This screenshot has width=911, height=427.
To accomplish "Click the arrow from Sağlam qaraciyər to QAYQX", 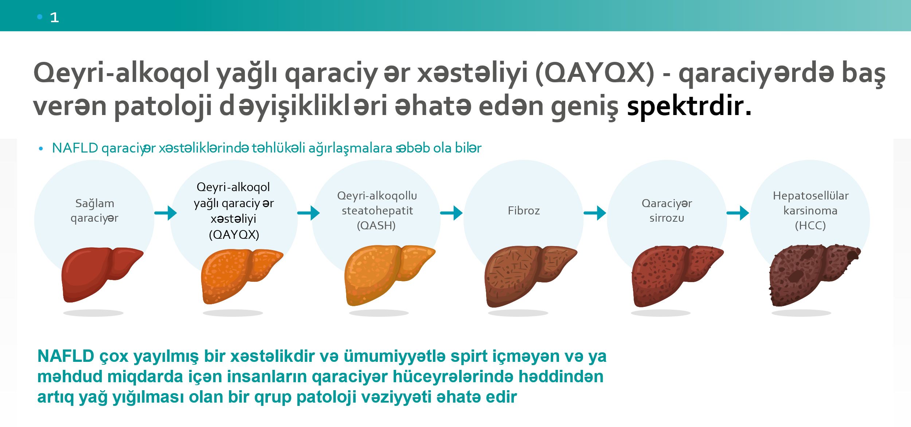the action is (x=166, y=213).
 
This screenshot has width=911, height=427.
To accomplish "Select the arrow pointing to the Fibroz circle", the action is (x=451, y=213).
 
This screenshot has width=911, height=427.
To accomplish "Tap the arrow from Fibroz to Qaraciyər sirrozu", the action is (x=595, y=213).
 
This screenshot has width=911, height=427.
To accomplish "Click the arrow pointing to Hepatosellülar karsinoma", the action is (x=738, y=213).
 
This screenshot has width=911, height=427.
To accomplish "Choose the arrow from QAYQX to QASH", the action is (x=309, y=213).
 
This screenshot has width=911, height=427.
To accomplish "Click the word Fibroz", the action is (x=524, y=211).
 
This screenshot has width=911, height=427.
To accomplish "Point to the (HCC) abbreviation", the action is (x=810, y=226).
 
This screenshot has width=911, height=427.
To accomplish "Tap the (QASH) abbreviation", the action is (x=376, y=226).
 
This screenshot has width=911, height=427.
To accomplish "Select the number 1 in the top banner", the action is (x=54, y=17).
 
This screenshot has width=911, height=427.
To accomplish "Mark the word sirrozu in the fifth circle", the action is (x=667, y=218).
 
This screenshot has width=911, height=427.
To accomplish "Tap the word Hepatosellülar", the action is (x=811, y=196).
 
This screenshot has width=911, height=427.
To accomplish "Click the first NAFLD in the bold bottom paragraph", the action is (x=66, y=356).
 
